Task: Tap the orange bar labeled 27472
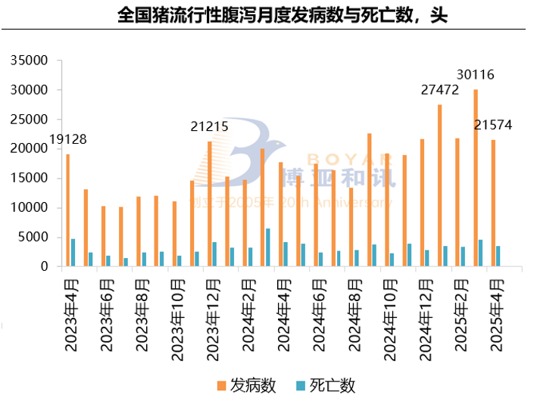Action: point(440,185)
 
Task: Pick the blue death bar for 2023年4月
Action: point(73,253)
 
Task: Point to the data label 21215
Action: point(209,127)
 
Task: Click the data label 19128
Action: point(67,139)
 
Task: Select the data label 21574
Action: point(493,125)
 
